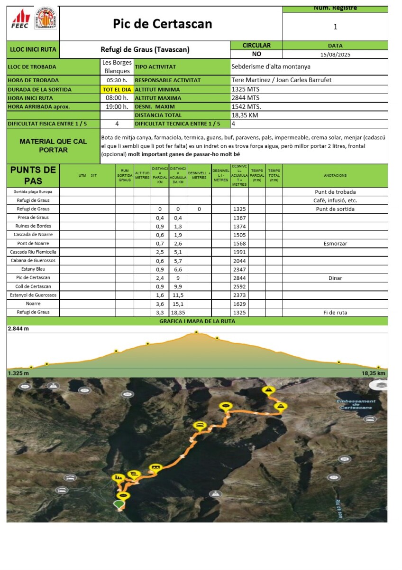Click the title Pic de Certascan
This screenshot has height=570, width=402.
[163, 24]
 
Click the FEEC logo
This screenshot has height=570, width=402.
[20, 19]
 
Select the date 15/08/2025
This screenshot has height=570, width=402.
[335, 54]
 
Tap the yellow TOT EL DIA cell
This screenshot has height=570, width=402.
[117, 89]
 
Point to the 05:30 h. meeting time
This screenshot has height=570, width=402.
[117, 80]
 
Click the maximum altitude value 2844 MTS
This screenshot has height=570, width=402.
[246, 98]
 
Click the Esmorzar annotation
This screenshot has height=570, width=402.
[335, 244]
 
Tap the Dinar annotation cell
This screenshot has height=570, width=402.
[335, 278]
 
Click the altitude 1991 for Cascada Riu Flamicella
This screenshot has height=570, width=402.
[239, 252]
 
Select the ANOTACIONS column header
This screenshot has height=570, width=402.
[335, 176]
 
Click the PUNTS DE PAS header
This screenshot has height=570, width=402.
[33, 175]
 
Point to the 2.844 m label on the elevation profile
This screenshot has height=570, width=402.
[18, 328]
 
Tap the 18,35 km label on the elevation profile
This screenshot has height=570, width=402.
[373, 373]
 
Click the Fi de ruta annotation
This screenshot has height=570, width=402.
[335, 313]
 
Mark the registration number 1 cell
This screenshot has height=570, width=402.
[335, 27]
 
